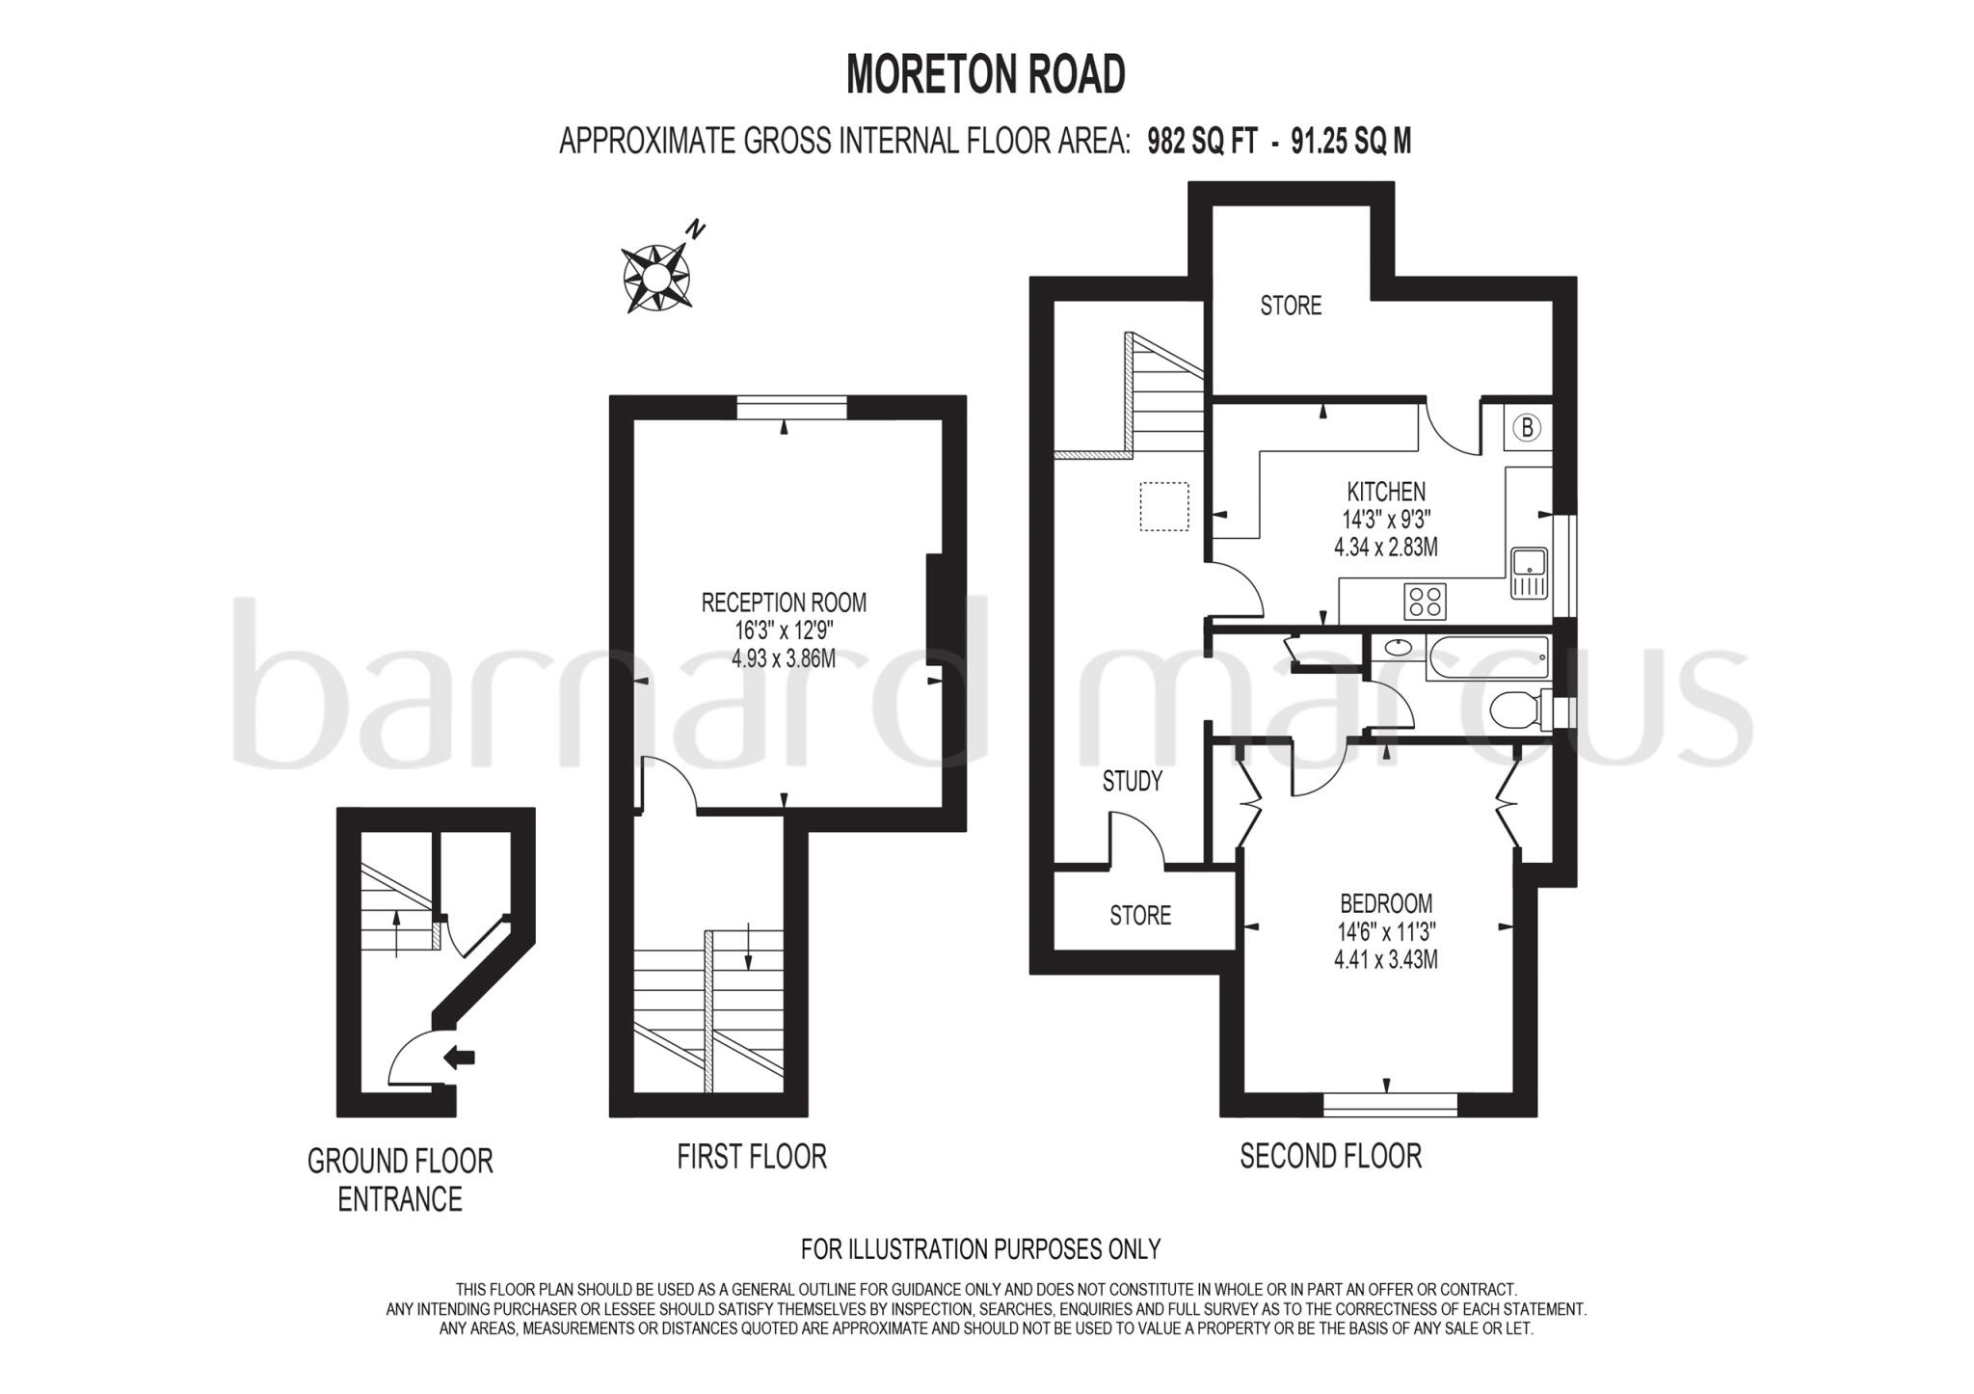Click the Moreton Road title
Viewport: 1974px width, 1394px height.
(985, 74)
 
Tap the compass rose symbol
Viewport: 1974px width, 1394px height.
(655, 278)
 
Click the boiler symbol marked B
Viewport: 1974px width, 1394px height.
(1527, 426)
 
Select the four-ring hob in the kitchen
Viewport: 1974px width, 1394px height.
(1425, 602)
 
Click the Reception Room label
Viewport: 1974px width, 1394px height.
(784, 603)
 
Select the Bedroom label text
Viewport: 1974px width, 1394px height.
(1386, 903)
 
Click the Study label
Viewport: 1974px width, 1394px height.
(1133, 781)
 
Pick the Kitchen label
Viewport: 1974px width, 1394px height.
(1386, 492)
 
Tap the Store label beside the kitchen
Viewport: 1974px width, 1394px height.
(1291, 306)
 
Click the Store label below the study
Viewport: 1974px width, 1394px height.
(1140, 915)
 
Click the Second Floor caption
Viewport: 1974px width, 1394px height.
(1330, 1156)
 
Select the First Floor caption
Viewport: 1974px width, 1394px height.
(752, 1156)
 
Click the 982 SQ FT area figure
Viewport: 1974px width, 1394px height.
(1202, 142)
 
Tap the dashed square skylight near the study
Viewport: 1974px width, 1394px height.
(1164, 506)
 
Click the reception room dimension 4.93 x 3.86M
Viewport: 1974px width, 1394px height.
(784, 659)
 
